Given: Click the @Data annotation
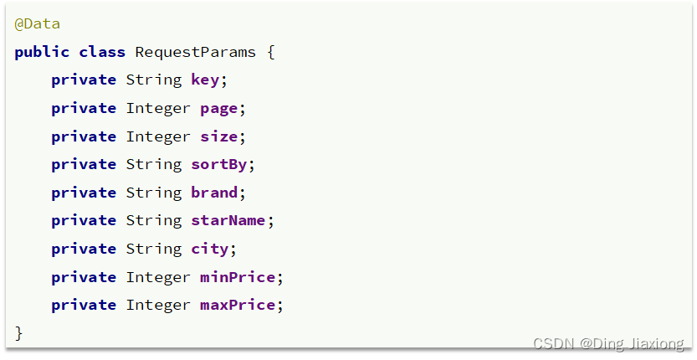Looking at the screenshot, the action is pyautogui.click(x=38, y=24).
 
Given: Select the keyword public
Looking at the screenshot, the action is pyautogui.click(x=42, y=52).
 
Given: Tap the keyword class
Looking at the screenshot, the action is pyautogui.click(x=102, y=52).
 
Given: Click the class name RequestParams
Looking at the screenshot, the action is pyautogui.click(x=195, y=52).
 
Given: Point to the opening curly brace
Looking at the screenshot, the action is pyautogui.click(x=271, y=53).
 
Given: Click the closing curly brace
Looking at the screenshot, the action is pyautogui.click(x=18, y=333).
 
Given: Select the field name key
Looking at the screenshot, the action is pyautogui.click(x=205, y=80).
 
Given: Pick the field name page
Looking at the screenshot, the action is pyautogui.click(x=218, y=109).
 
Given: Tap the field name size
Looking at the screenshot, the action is pyautogui.click(x=218, y=136).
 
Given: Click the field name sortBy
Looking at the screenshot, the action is pyautogui.click(x=218, y=165).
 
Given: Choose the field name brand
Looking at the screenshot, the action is pyautogui.click(x=214, y=193).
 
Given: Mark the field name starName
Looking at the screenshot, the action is pyautogui.click(x=228, y=221).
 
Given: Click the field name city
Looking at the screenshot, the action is pyautogui.click(x=210, y=249).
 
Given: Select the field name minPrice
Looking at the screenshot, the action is pyautogui.click(x=238, y=277).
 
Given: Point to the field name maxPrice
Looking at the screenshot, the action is pyautogui.click(x=238, y=306).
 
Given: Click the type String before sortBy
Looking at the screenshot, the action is pyautogui.click(x=154, y=165).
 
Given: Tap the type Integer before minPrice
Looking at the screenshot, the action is pyautogui.click(x=158, y=277).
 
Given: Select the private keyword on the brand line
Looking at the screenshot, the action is pyautogui.click(x=84, y=193).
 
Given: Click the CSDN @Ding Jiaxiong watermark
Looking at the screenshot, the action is pyautogui.click(x=608, y=343).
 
